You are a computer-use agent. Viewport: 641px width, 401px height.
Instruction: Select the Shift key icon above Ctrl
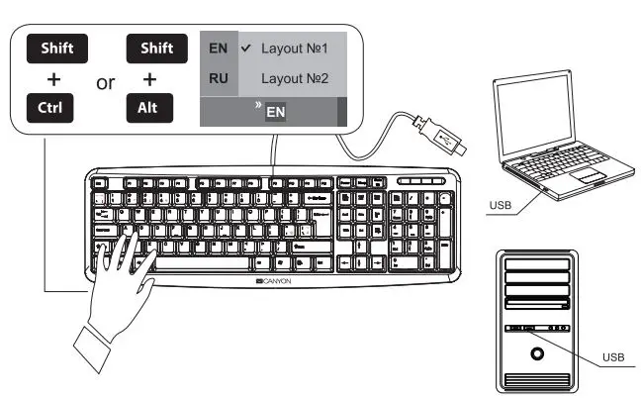[x=56, y=48]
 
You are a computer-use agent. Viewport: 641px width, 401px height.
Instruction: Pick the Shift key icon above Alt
[x=150, y=48]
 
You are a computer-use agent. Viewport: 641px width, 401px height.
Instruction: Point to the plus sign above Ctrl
[x=53, y=78]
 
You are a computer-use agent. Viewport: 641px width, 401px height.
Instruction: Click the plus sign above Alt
[x=148, y=78]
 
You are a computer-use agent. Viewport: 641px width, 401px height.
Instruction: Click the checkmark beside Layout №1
[x=244, y=47]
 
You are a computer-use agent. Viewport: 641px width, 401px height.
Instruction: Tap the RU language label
[x=218, y=77]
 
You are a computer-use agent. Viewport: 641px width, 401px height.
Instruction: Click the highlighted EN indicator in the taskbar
[x=276, y=113]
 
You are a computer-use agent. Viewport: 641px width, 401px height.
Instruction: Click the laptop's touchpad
[x=590, y=174]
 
